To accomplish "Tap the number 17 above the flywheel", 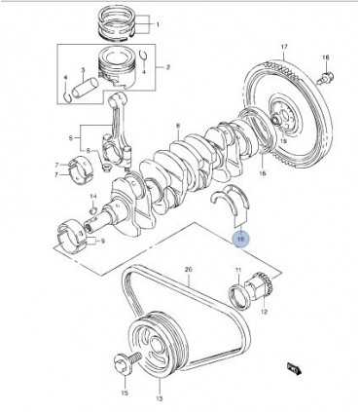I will pyautogui.click(x=284, y=48).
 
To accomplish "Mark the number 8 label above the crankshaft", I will pyautogui.click(x=178, y=125).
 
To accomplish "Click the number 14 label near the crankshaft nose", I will pyautogui.click(x=94, y=196).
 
